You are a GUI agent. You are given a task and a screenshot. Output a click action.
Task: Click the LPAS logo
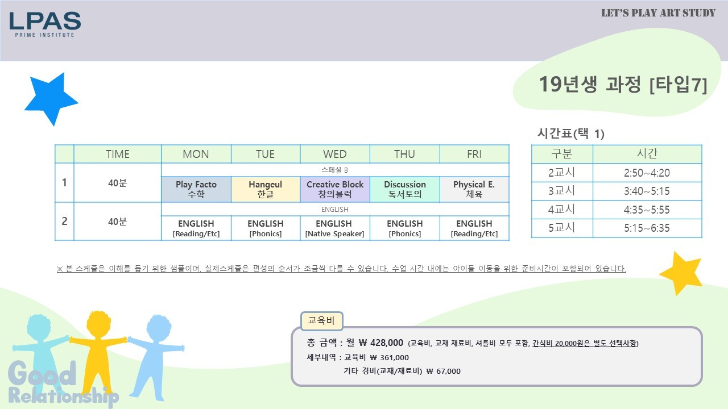(x=45, y=24)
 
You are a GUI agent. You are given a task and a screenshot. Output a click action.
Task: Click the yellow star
(x=681, y=273)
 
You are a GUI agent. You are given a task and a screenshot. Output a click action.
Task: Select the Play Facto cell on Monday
(x=196, y=189)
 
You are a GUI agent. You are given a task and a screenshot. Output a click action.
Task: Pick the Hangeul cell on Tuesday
(x=266, y=189)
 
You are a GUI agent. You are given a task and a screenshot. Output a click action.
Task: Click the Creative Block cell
(x=335, y=189)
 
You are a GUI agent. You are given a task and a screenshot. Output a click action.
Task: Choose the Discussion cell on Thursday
(x=405, y=189)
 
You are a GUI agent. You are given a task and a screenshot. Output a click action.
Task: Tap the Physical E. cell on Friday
(x=474, y=189)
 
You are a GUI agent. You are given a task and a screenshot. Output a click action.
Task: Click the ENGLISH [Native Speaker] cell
(x=335, y=228)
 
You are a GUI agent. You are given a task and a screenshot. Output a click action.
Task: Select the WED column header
(x=335, y=154)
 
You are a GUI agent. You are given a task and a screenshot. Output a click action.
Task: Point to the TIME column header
(x=117, y=154)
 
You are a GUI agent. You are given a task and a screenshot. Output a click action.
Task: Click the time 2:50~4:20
(x=647, y=173)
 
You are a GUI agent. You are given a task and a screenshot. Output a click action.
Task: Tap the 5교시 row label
(x=561, y=228)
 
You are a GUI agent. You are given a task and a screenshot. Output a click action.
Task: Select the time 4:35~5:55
(x=647, y=210)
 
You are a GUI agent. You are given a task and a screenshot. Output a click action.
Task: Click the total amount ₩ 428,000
(x=381, y=343)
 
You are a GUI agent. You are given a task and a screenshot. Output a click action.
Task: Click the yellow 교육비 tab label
(x=321, y=321)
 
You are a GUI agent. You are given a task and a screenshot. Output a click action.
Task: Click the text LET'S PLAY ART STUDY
(x=658, y=13)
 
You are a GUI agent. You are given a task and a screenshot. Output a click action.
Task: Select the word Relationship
(x=63, y=396)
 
